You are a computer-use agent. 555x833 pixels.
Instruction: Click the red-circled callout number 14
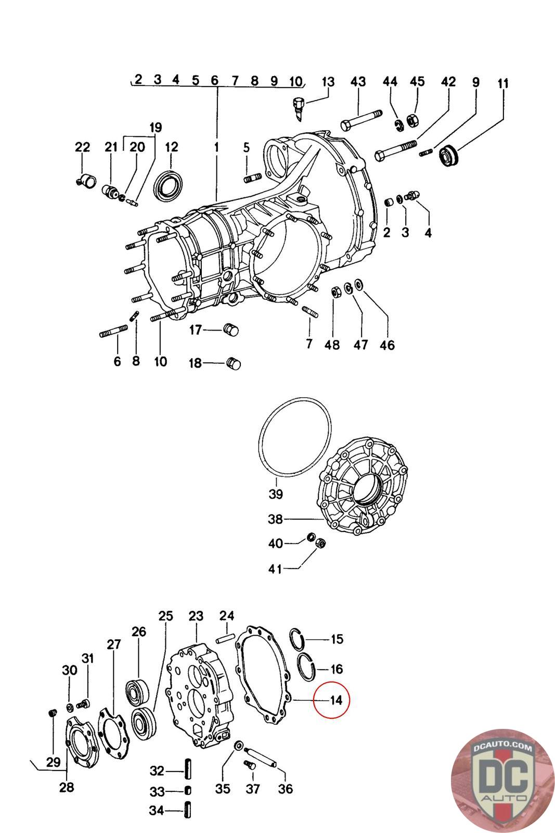(336, 700)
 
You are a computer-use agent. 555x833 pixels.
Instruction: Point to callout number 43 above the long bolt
(358, 82)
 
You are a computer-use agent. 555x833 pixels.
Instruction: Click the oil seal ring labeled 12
(170, 184)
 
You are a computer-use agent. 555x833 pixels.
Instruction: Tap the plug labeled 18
(234, 363)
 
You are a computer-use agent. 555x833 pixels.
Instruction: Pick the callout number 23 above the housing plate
(196, 616)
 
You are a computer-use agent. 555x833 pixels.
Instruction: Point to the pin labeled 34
(188, 811)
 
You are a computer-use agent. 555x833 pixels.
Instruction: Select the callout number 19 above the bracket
(156, 128)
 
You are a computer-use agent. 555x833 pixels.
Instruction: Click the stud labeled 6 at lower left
(113, 331)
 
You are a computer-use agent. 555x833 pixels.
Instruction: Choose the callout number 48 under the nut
(332, 345)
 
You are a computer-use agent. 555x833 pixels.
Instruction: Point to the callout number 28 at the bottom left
(67, 787)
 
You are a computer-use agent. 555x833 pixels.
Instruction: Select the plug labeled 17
(230, 330)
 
